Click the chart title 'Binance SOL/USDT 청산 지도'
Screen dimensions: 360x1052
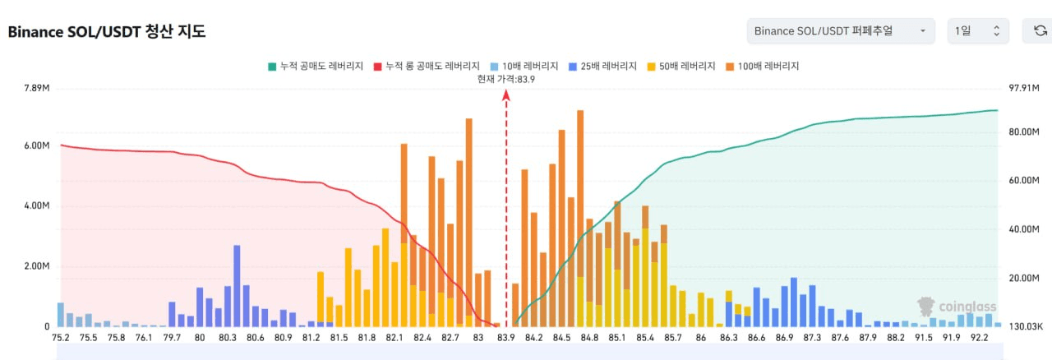point(107,32)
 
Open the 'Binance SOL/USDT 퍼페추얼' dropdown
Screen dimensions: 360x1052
point(840,31)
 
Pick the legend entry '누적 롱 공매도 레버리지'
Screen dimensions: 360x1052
point(427,66)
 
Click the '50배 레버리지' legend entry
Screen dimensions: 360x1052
point(682,66)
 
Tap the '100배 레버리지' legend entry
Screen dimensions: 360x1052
point(764,66)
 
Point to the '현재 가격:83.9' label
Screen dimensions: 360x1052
point(506,79)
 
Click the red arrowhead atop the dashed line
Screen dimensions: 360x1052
point(506,95)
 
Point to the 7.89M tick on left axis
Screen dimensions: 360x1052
point(37,89)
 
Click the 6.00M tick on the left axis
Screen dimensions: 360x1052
point(37,145)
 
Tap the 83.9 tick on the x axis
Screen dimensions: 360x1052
point(505,337)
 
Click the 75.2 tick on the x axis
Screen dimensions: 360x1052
point(61,337)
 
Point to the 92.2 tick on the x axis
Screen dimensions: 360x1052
point(980,337)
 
